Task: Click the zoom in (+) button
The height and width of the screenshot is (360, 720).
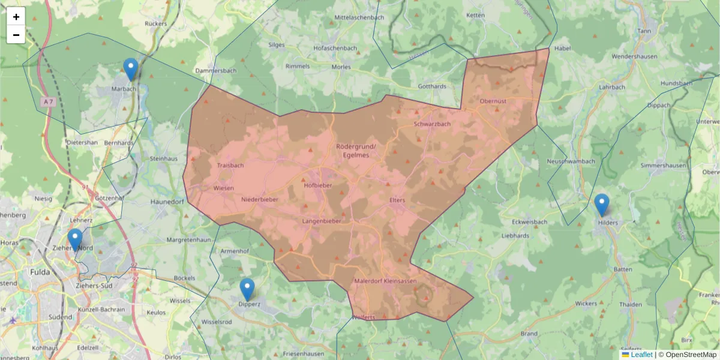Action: (16, 17)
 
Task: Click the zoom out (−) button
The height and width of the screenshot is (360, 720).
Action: (16, 35)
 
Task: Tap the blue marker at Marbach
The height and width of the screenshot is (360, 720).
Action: (130, 69)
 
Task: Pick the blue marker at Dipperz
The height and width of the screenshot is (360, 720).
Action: (247, 289)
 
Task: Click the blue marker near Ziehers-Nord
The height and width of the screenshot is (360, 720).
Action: (75, 239)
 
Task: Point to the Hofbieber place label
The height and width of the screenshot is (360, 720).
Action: (318, 185)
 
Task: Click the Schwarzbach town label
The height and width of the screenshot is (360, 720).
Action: (432, 124)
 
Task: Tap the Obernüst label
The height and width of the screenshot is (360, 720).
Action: (493, 101)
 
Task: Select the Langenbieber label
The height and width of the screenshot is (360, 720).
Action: (322, 221)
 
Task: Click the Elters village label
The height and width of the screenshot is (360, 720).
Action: (397, 200)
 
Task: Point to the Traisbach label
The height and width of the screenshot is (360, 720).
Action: (230, 164)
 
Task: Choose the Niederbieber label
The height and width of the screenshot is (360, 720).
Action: (260, 199)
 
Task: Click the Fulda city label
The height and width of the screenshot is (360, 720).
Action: (40, 272)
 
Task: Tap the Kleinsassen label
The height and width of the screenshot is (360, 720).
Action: (400, 281)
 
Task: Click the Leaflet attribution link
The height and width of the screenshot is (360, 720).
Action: (641, 355)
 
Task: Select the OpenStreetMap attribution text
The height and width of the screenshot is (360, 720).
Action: (687, 355)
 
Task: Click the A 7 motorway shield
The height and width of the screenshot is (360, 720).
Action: (49, 102)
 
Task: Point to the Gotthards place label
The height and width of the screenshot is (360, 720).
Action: (432, 86)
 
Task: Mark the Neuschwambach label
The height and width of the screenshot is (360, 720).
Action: (571, 161)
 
